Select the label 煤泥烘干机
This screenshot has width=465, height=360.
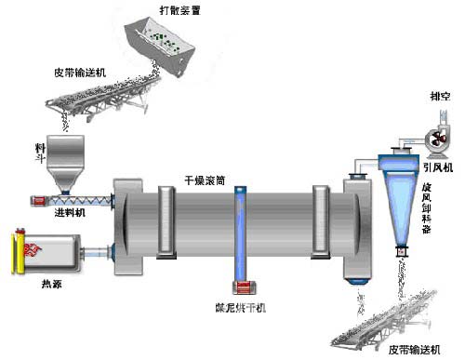tap(240, 305)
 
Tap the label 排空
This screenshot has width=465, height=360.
tap(439, 95)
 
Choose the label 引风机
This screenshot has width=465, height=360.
tap(436, 167)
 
